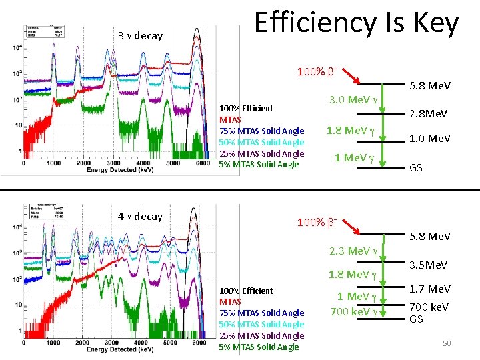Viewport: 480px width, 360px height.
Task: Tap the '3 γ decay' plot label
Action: [x=140, y=36]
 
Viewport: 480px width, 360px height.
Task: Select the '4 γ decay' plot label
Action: [x=140, y=216]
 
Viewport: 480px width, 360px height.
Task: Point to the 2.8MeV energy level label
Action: [x=429, y=113]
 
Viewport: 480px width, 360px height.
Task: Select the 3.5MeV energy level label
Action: [x=429, y=265]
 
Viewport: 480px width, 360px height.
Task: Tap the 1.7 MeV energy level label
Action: [x=429, y=289]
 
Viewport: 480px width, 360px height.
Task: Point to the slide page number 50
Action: [x=447, y=343]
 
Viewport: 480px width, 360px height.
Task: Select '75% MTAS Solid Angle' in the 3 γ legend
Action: [x=261, y=131]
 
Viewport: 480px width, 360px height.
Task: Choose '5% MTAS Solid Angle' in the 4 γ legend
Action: [x=259, y=347]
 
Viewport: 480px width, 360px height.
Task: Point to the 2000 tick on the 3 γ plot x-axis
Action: [x=83, y=162]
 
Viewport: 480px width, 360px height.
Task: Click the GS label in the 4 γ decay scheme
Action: [x=415, y=319]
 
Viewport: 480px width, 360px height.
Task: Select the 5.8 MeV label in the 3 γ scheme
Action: [x=429, y=85]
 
